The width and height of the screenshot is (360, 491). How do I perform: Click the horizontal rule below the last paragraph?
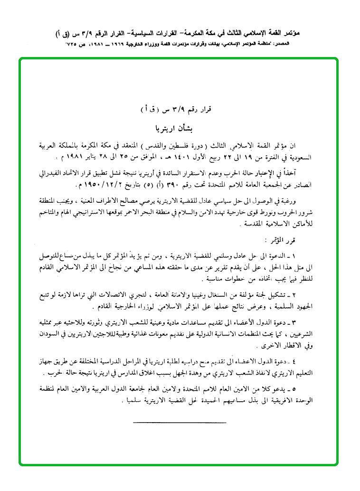coord(180,422)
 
